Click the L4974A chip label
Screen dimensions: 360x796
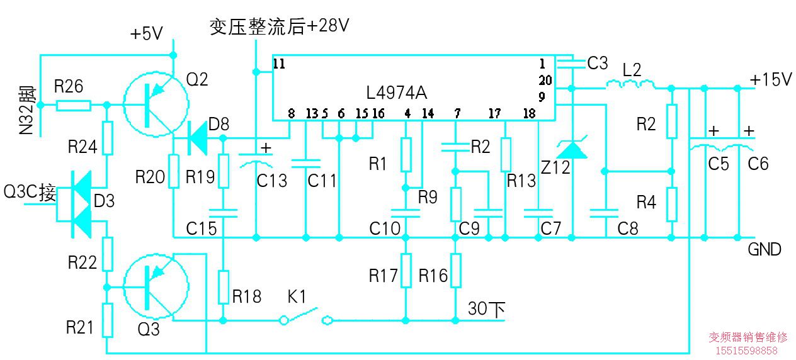396,93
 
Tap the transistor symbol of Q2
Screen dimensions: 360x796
156,104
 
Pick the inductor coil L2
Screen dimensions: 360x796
630,84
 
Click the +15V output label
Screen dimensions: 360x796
770,79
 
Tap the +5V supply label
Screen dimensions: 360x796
146,34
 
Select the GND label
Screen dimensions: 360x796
764,249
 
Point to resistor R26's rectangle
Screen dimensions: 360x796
72,105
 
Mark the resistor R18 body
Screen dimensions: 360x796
222,286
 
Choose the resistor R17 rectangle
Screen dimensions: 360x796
406,270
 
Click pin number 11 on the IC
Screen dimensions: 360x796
279,64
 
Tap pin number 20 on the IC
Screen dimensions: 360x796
545,81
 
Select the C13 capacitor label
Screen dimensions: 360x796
272,181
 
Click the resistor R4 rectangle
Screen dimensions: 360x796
672,203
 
